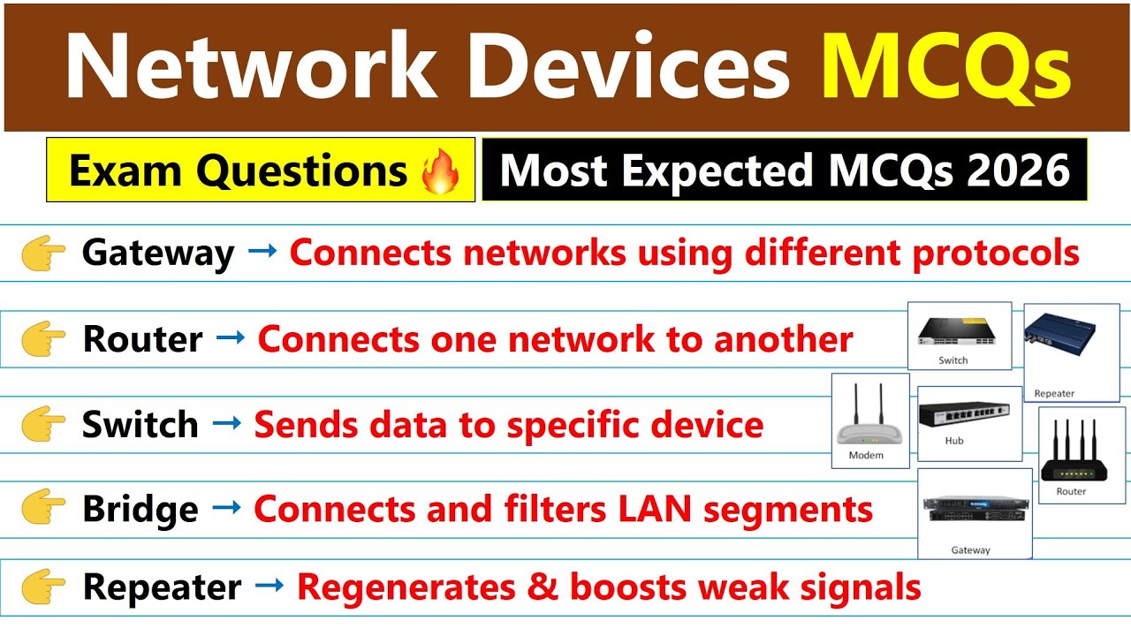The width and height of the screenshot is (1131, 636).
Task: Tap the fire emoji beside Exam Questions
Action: coord(441,170)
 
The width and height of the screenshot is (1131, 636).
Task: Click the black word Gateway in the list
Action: coord(158,254)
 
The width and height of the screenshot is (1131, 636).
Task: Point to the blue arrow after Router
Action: coord(230,337)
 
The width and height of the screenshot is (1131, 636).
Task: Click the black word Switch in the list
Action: coord(140,425)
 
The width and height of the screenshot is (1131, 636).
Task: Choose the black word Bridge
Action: coord(140,509)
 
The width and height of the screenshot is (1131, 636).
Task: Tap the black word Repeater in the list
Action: coord(162,587)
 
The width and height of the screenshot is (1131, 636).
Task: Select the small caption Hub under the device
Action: coord(953,441)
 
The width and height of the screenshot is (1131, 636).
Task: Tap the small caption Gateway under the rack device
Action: coord(970,550)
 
